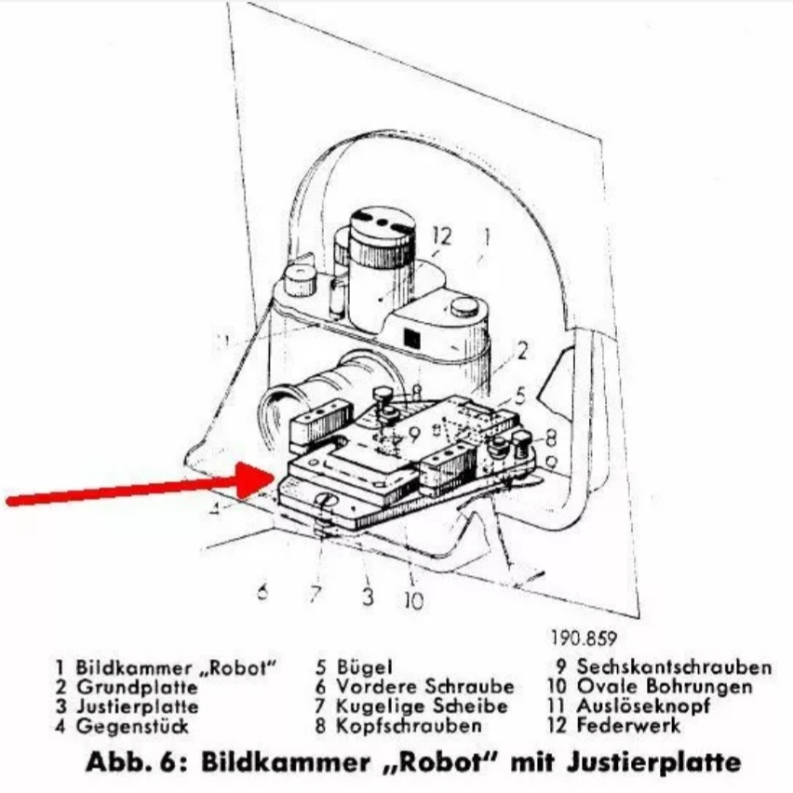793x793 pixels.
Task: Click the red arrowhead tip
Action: [x=275, y=476]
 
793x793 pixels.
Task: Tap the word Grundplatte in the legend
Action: [x=137, y=687]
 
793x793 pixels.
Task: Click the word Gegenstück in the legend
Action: [x=132, y=726]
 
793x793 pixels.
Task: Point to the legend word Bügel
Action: [x=365, y=667]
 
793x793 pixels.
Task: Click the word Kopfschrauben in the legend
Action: [x=410, y=726]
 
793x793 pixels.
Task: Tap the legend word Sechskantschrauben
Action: [x=675, y=667]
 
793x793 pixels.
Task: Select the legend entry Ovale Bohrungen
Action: [x=665, y=686]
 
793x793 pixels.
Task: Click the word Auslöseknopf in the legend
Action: [x=644, y=706]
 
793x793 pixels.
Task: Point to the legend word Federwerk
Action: [x=628, y=725]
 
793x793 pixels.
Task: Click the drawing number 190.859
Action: [x=585, y=638]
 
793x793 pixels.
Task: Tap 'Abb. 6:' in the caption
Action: [x=136, y=762]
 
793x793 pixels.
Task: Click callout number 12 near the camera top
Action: [x=441, y=235]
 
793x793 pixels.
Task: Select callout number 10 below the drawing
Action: [x=413, y=600]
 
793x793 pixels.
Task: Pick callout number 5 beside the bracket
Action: [x=520, y=396]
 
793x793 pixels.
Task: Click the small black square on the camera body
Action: [x=411, y=339]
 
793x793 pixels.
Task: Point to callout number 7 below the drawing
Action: [x=316, y=593]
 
